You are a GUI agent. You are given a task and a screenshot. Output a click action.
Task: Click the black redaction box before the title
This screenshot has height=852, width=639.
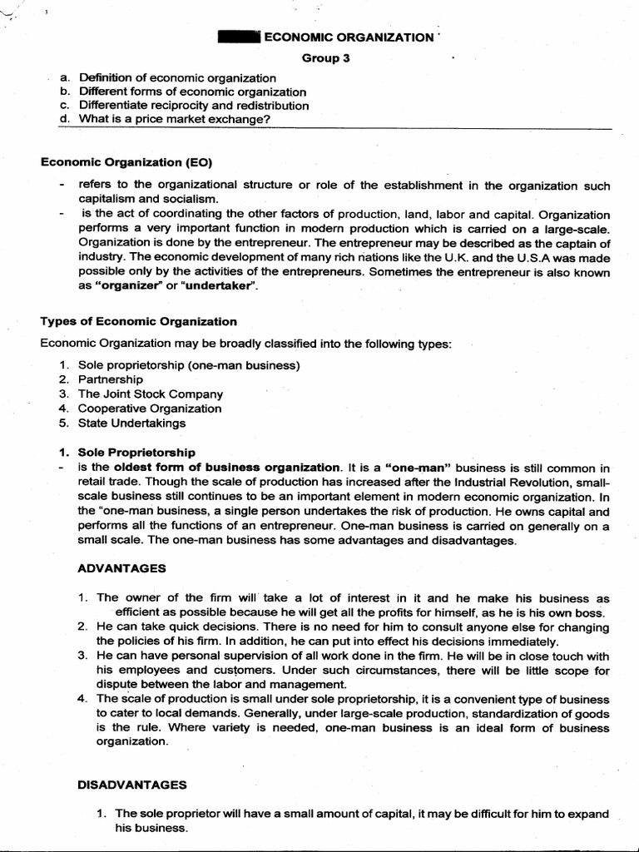239,37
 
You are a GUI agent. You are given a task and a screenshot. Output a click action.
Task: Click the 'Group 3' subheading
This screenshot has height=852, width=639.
320,57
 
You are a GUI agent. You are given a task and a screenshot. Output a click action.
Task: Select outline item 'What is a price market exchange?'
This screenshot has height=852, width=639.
175,119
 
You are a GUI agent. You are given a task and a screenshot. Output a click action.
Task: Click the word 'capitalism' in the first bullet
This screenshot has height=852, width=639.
106,199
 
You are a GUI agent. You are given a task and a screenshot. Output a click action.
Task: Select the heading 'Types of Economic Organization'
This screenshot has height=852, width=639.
138,322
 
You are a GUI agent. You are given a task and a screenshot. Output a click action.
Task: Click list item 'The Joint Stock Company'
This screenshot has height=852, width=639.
150,394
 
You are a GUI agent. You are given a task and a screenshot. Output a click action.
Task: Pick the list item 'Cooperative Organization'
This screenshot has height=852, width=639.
150,409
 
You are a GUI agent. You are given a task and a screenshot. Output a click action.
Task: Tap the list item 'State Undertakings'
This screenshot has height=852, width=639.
131,423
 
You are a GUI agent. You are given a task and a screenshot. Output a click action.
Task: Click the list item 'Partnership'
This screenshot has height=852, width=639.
111,379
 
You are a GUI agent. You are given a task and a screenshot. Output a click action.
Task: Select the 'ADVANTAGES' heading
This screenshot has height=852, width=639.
121,568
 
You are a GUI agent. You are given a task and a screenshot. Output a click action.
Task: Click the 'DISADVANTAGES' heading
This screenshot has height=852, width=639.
131,784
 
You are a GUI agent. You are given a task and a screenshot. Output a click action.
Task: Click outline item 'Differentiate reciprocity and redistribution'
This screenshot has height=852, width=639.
193,106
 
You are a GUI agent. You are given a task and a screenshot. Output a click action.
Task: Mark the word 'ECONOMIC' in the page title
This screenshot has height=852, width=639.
298,37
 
